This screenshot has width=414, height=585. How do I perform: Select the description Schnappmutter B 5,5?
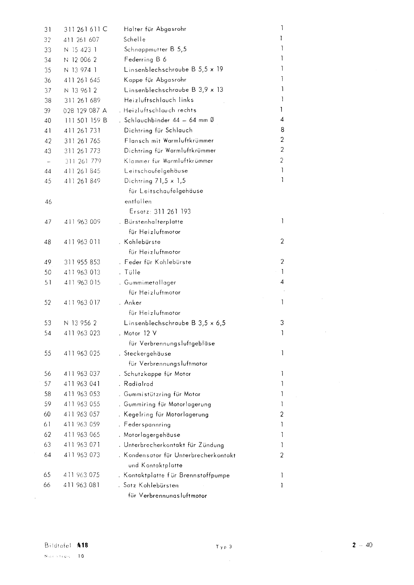click(x=155, y=49)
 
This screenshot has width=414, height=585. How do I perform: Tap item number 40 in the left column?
click(x=47, y=121)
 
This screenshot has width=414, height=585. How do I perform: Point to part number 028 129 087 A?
click(x=85, y=110)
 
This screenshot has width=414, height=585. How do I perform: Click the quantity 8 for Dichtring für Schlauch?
click(x=282, y=129)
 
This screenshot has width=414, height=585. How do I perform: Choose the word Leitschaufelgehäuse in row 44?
click(x=156, y=171)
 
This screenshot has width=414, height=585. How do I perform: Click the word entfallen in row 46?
click(x=138, y=201)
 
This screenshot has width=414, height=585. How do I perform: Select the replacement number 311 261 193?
click(x=172, y=211)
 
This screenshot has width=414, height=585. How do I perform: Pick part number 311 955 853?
click(x=82, y=262)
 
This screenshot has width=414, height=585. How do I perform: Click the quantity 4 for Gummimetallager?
click(x=282, y=282)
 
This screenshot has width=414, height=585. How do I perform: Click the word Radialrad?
click(x=138, y=384)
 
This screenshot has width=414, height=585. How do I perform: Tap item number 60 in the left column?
click(x=47, y=414)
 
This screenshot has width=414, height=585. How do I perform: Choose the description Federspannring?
click(x=147, y=424)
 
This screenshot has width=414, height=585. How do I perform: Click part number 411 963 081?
click(x=82, y=485)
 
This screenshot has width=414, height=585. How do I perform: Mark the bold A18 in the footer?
click(x=83, y=545)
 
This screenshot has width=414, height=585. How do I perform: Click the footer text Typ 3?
click(x=224, y=547)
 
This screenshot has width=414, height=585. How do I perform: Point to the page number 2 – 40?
click(x=363, y=545)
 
